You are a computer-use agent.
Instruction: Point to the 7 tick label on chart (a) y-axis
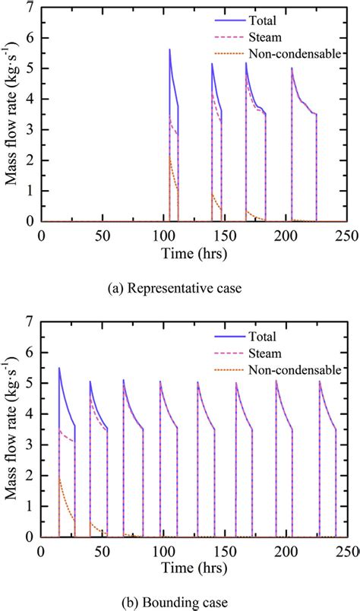click(29, 8)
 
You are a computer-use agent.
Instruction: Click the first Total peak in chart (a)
click(169, 49)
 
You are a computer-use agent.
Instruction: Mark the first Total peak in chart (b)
click(59, 369)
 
